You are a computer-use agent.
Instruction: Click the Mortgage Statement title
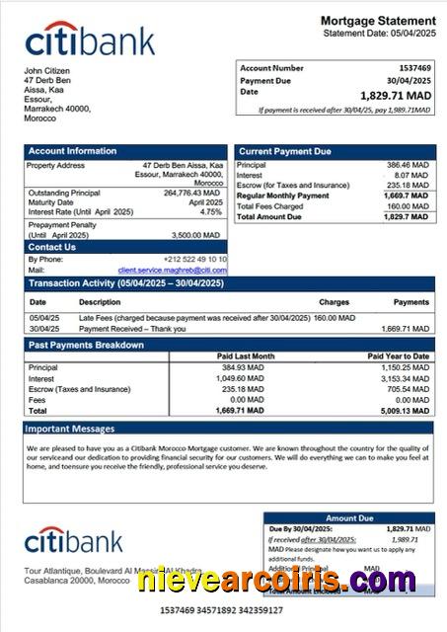378,21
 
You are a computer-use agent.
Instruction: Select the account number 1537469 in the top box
412,68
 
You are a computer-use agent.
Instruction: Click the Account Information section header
72,151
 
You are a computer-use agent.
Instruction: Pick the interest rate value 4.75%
211,212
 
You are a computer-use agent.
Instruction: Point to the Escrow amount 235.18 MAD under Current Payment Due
408,185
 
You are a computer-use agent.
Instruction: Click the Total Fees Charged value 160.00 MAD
409,205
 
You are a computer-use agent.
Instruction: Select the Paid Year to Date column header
398,355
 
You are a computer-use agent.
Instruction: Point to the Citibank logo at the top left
90,40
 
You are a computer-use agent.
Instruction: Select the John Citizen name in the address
47,71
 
